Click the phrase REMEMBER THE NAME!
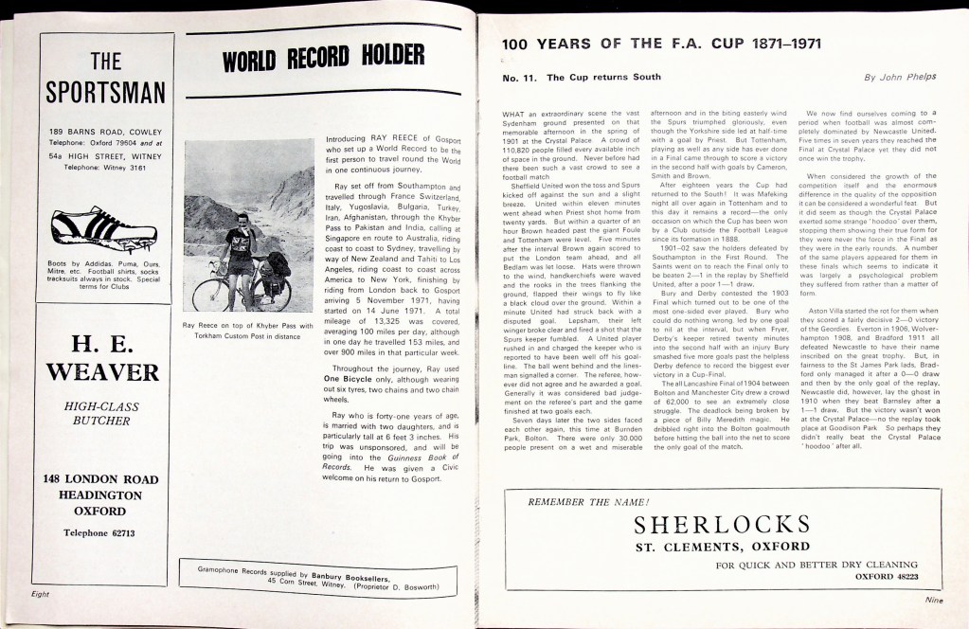coord(588,500)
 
